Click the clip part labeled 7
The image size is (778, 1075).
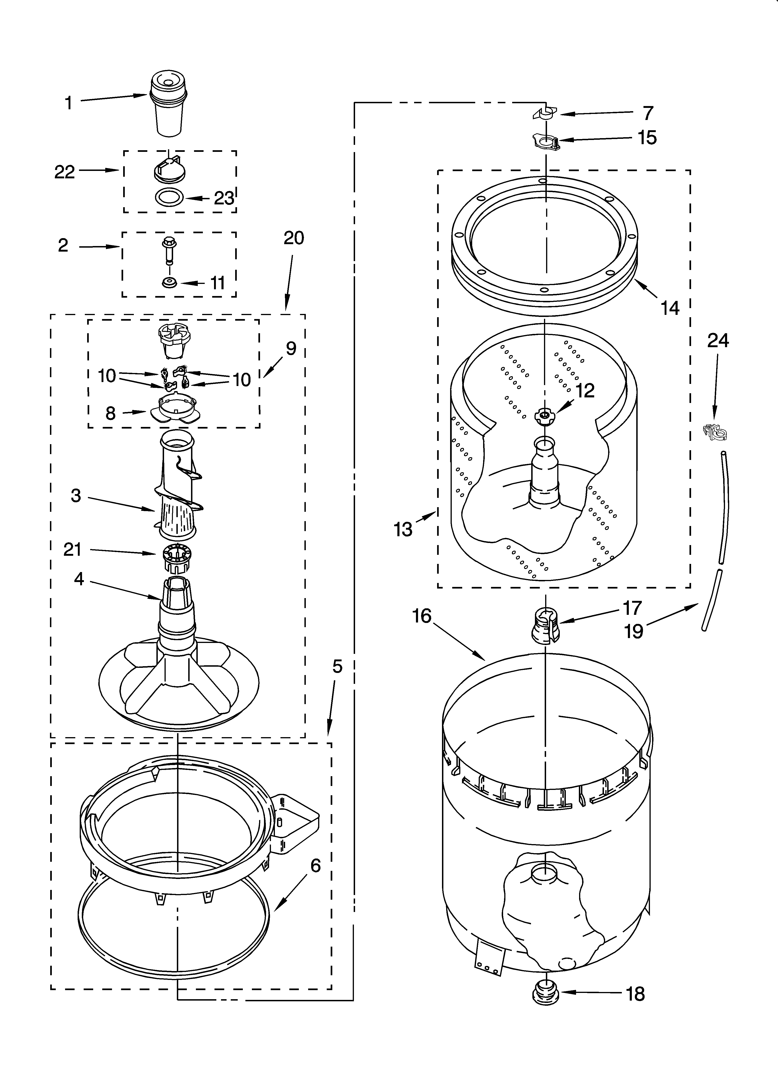545,114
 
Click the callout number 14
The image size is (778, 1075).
670,308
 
